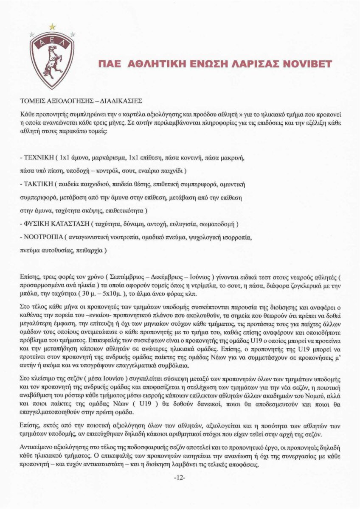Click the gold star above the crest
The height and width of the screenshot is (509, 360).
click(52, 26)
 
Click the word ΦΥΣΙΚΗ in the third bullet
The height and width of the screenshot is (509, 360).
click(36, 224)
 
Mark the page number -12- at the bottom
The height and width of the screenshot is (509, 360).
click(180, 478)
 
